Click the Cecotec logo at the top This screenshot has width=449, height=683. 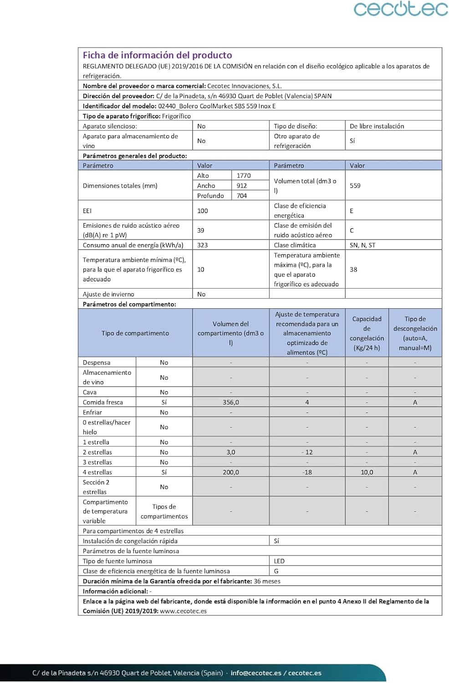(x=401, y=9)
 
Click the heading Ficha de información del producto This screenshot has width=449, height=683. (x=157, y=55)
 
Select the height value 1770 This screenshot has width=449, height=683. (x=244, y=175)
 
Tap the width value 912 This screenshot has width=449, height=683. (x=242, y=185)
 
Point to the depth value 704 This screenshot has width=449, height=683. (x=242, y=195)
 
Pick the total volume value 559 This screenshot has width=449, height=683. (x=355, y=185)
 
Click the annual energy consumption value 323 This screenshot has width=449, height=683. (x=203, y=245)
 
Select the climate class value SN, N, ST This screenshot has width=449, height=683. (x=362, y=245)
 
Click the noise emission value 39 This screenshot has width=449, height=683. (x=201, y=230)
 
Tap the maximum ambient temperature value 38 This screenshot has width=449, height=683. (x=353, y=270)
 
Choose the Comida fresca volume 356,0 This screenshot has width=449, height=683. (x=231, y=402)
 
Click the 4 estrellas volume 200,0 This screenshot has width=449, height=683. (x=231, y=472)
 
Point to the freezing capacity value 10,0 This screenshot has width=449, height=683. (x=367, y=472)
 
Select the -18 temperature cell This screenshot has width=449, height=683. (x=307, y=472)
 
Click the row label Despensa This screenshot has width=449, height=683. (x=97, y=362)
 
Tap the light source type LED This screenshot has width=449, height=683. (x=279, y=561)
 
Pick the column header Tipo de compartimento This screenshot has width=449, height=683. (x=135, y=333)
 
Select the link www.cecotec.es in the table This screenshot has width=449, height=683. (x=183, y=611)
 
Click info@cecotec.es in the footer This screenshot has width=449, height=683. (x=256, y=673)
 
